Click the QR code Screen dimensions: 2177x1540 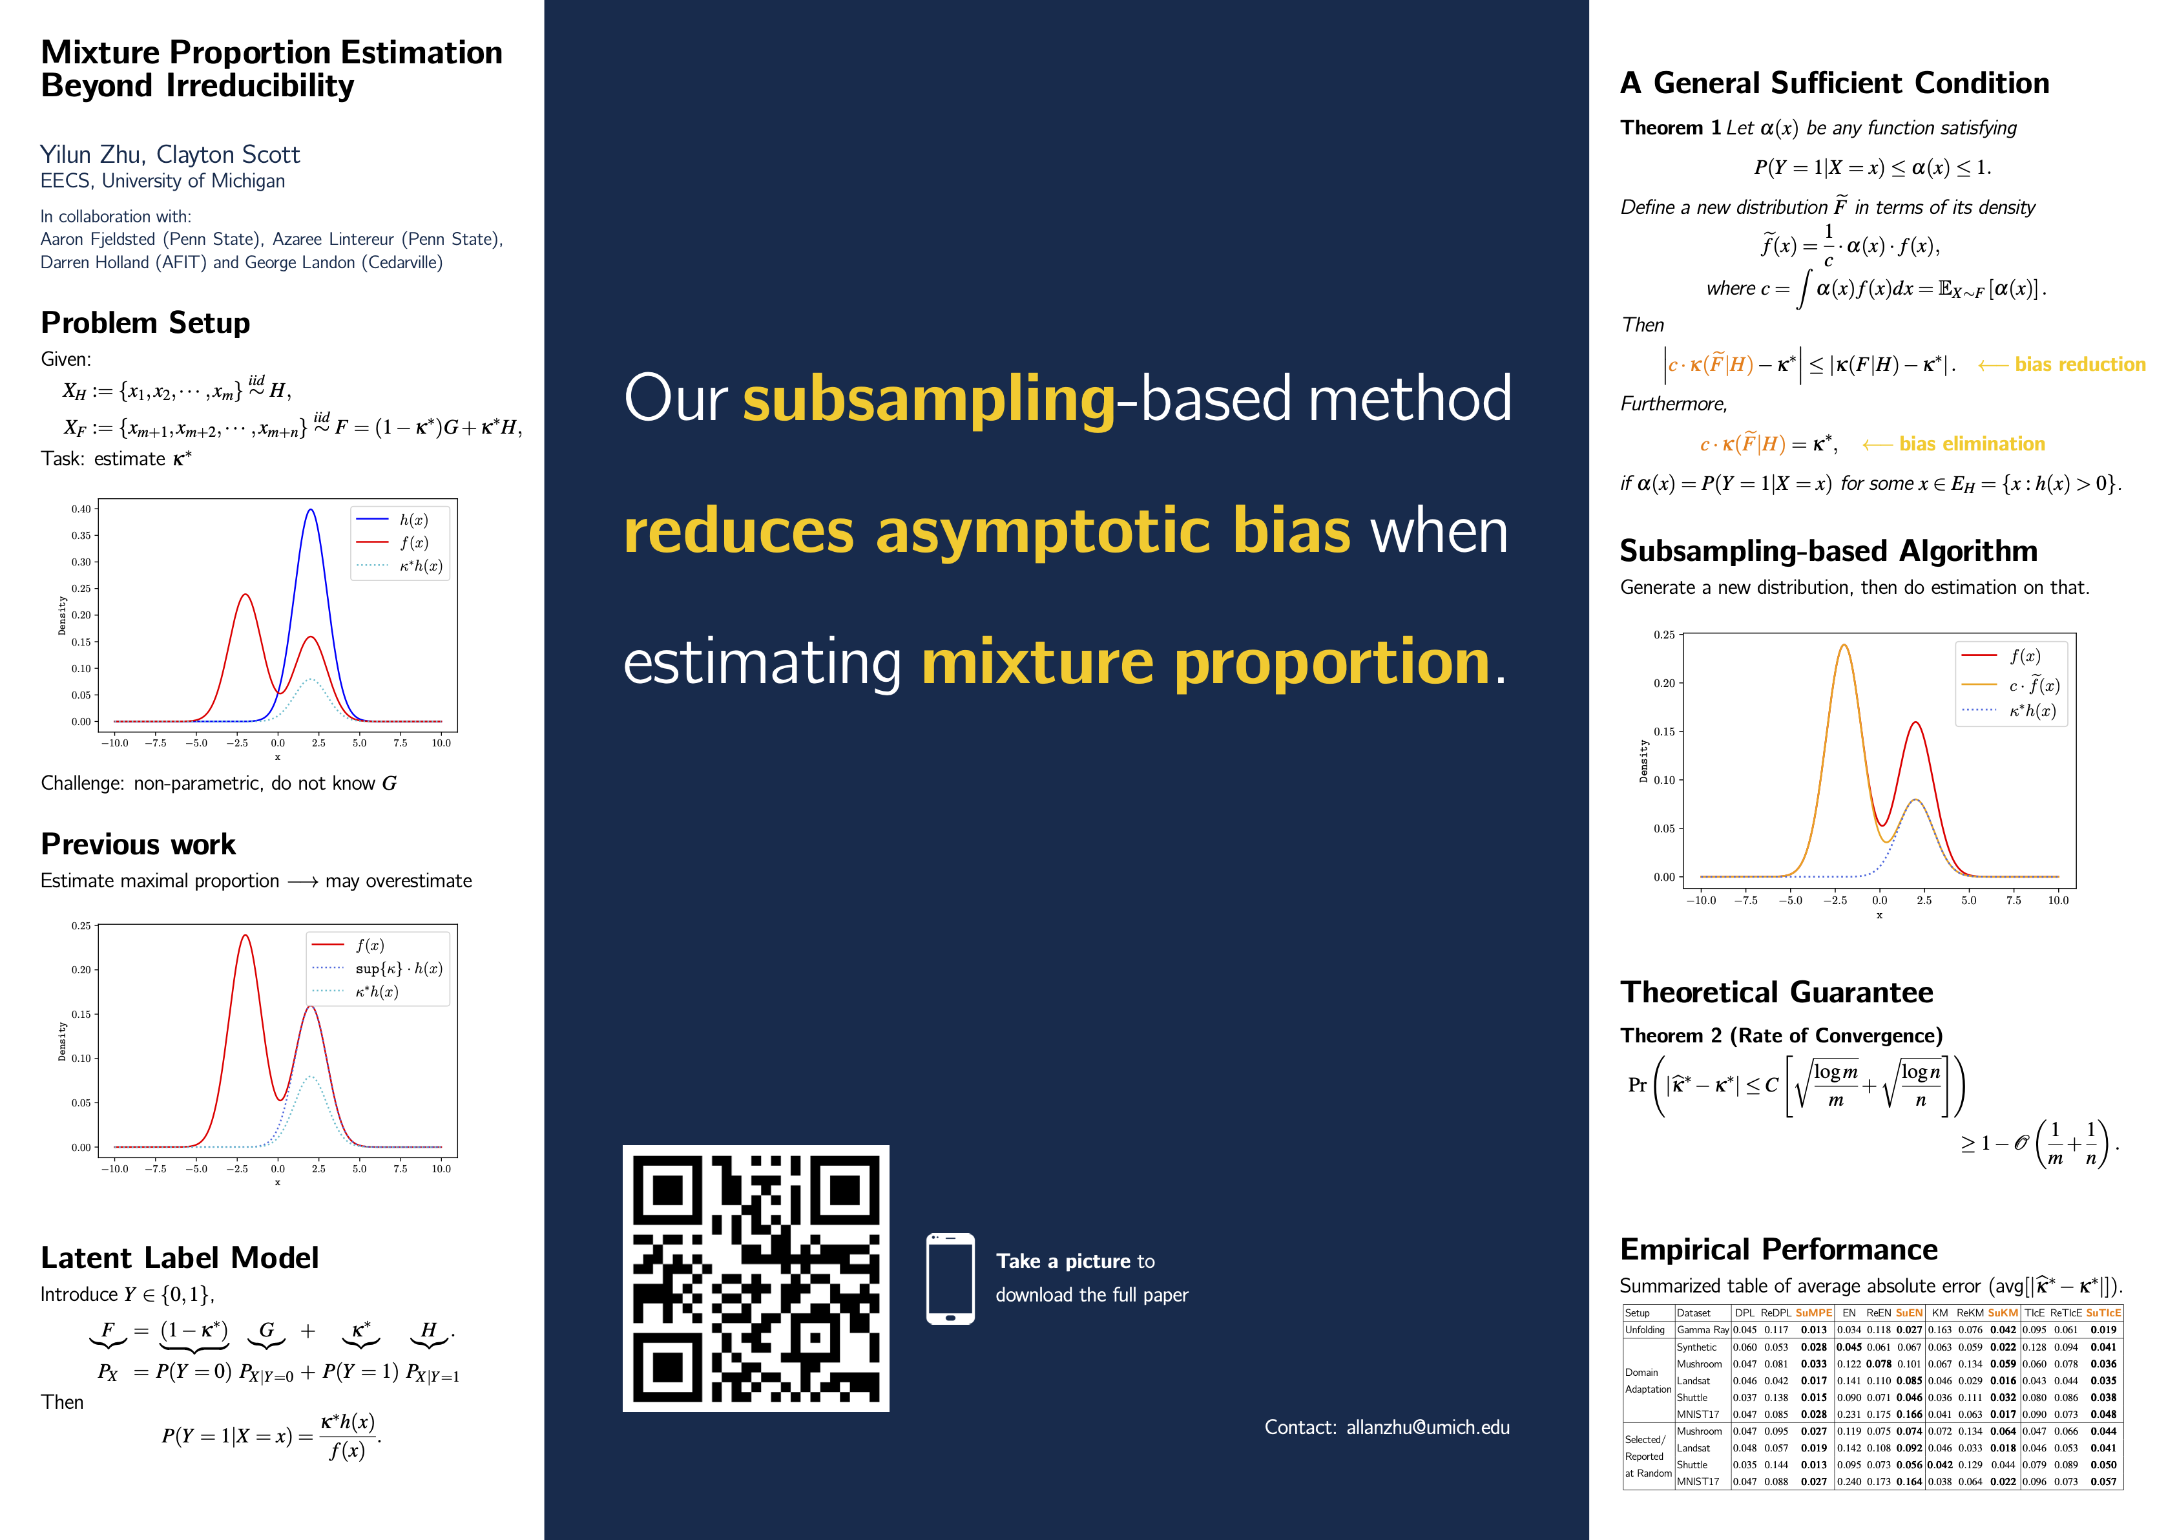[x=756, y=1278]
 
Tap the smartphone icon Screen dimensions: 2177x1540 [x=950, y=1278]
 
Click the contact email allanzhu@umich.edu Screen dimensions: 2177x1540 [x=1428, y=1427]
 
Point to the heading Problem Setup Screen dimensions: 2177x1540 [x=145, y=322]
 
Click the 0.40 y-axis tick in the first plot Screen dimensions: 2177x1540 [x=81, y=509]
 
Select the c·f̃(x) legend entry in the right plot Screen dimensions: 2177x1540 [x=2011, y=684]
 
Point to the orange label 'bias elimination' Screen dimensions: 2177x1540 [x=1972, y=444]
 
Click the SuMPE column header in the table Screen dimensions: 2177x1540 [x=1814, y=1313]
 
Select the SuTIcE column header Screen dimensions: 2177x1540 [x=2103, y=1313]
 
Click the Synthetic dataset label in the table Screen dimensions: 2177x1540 [x=1696, y=1347]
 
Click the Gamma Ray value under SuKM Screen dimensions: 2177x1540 [x=2003, y=1329]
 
